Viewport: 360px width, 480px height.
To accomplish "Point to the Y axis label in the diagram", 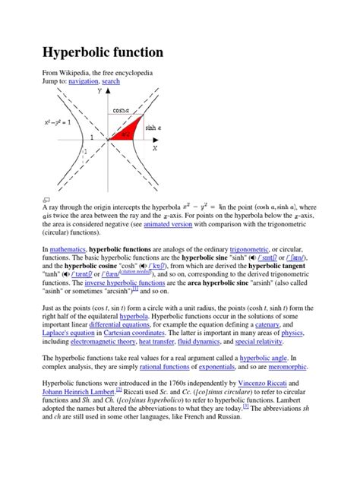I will coord(99,91).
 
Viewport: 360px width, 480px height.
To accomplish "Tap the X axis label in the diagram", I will coord(155,148).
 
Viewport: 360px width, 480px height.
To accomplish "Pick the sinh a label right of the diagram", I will coord(156,128).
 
